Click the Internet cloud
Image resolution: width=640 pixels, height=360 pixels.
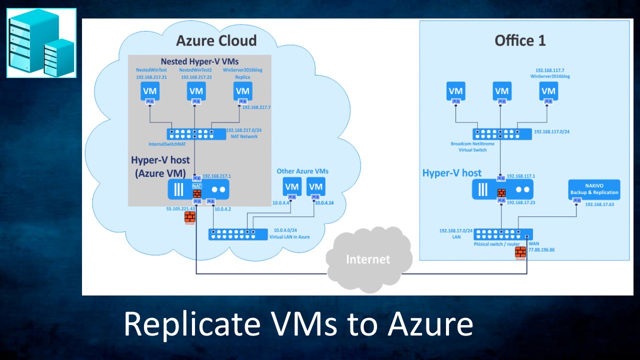point(368,259)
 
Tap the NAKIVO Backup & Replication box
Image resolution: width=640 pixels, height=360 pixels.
point(594,190)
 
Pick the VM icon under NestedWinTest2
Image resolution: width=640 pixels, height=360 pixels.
point(196,91)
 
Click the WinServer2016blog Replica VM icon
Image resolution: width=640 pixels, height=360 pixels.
point(242,91)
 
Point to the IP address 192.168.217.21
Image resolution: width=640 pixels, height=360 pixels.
point(151,77)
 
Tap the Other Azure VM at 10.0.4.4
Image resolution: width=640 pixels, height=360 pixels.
point(291,186)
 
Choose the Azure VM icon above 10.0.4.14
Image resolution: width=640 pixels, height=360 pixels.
point(315,186)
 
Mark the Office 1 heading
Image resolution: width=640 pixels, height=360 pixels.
point(520,40)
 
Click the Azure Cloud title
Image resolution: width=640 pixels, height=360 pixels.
point(216,40)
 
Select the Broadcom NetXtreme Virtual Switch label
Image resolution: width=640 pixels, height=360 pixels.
point(472,146)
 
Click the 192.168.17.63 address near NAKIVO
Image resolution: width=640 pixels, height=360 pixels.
point(599,204)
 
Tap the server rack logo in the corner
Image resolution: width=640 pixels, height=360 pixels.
point(41,43)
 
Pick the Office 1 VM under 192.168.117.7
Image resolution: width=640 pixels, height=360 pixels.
point(548,91)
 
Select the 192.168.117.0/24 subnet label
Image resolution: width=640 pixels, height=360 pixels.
point(551,132)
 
